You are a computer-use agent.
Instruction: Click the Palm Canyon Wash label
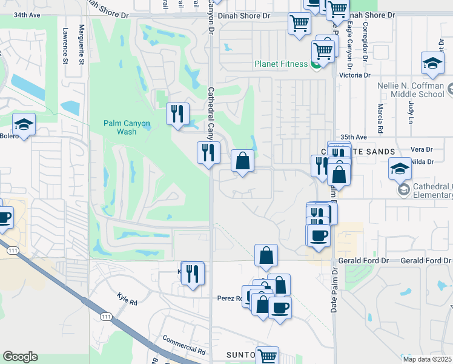126,127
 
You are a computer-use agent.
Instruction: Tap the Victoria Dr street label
355,75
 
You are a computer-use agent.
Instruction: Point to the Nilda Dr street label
422,161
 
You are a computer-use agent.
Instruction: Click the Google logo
20,357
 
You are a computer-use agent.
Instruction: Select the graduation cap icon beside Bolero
24,125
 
